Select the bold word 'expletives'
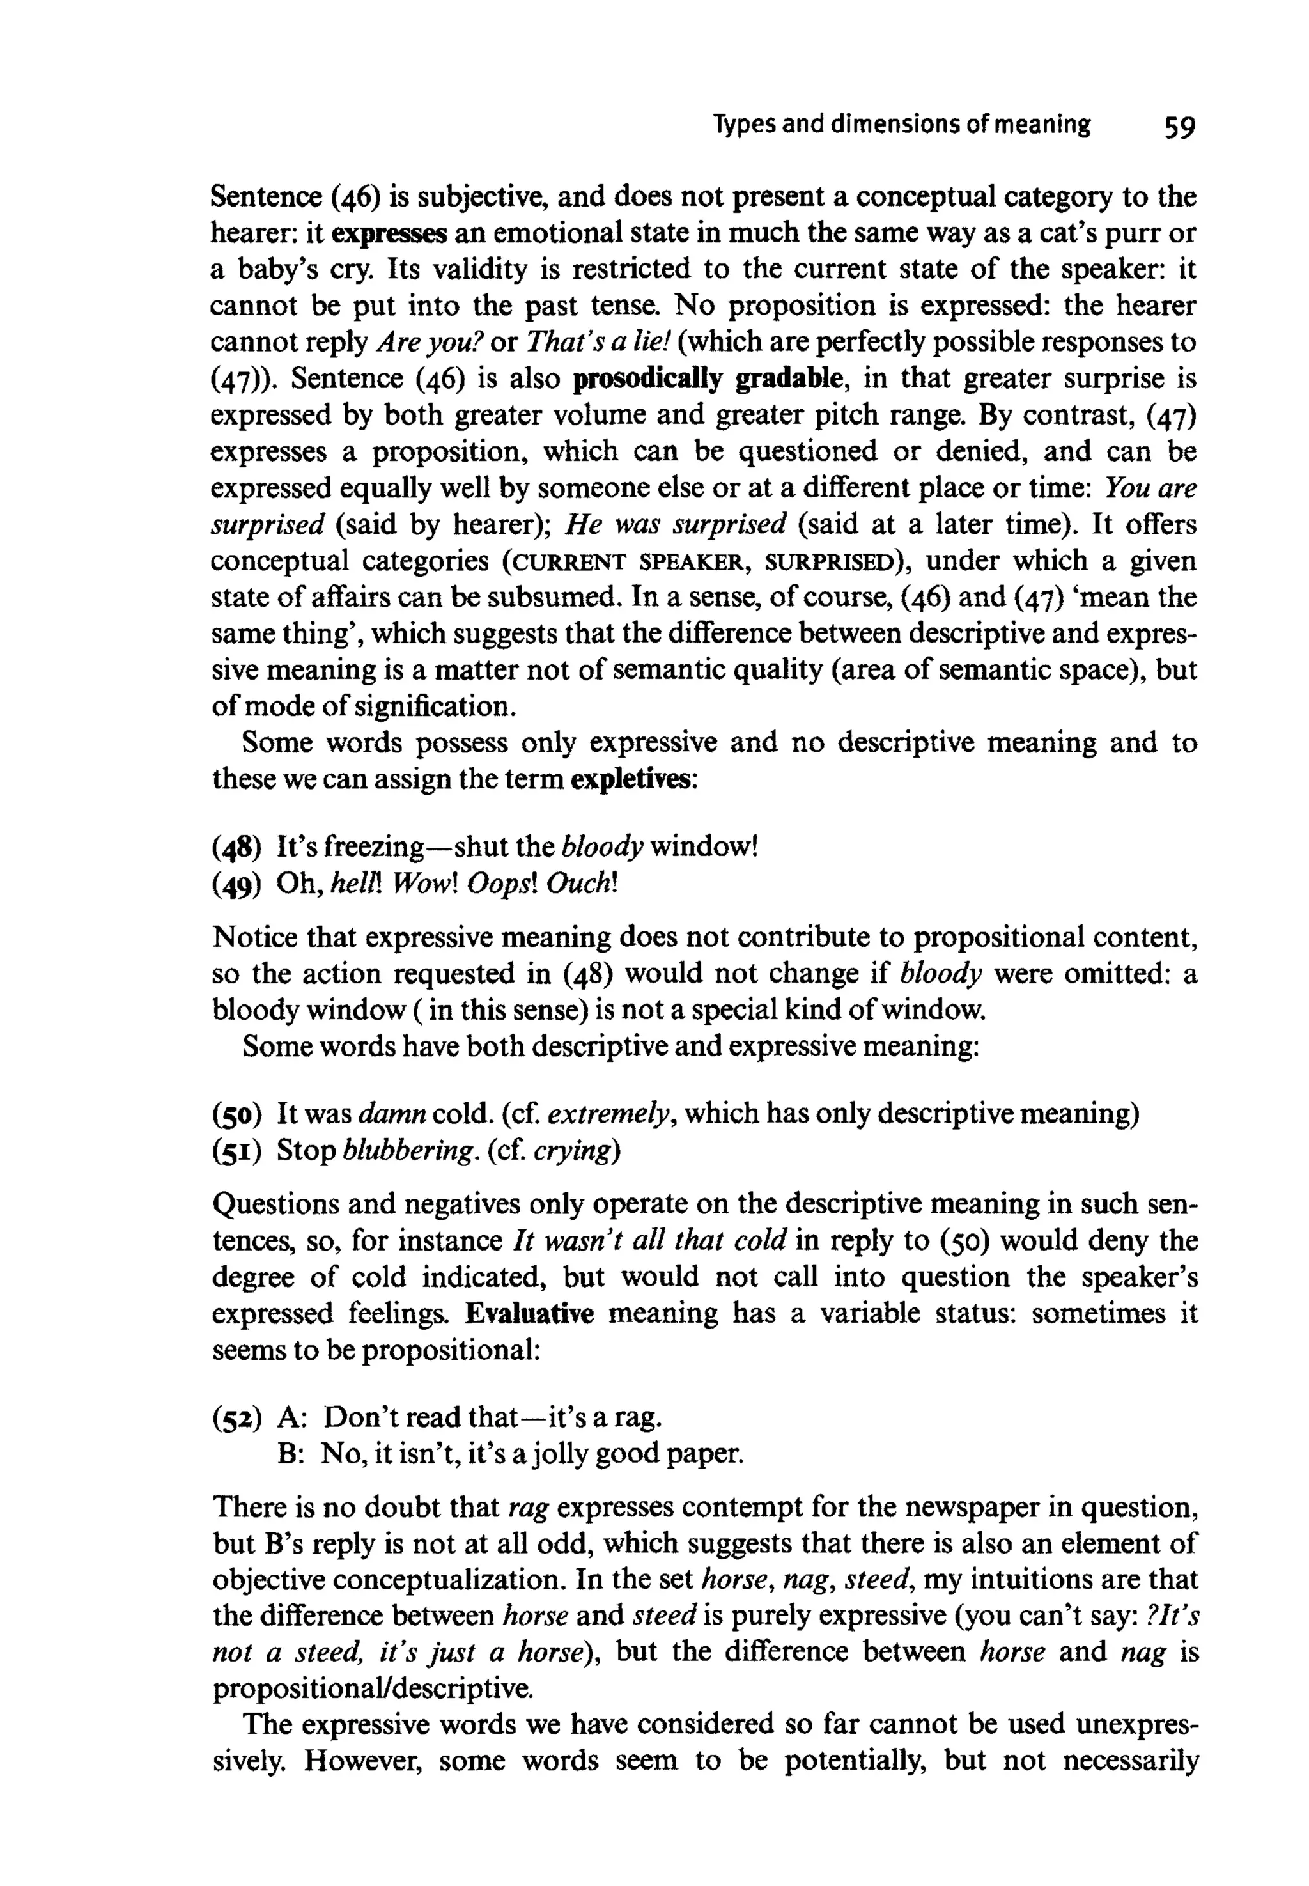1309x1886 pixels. tap(631, 777)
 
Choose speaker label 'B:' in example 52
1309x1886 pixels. tap(292, 1454)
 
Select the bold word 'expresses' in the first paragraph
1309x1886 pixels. tap(389, 234)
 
